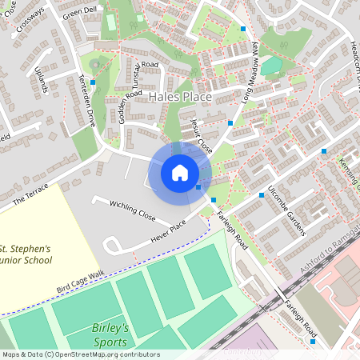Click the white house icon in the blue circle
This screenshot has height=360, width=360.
pos(180,172)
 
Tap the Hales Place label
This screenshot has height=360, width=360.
pos(181,98)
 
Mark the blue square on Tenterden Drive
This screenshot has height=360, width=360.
pos(94,82)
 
